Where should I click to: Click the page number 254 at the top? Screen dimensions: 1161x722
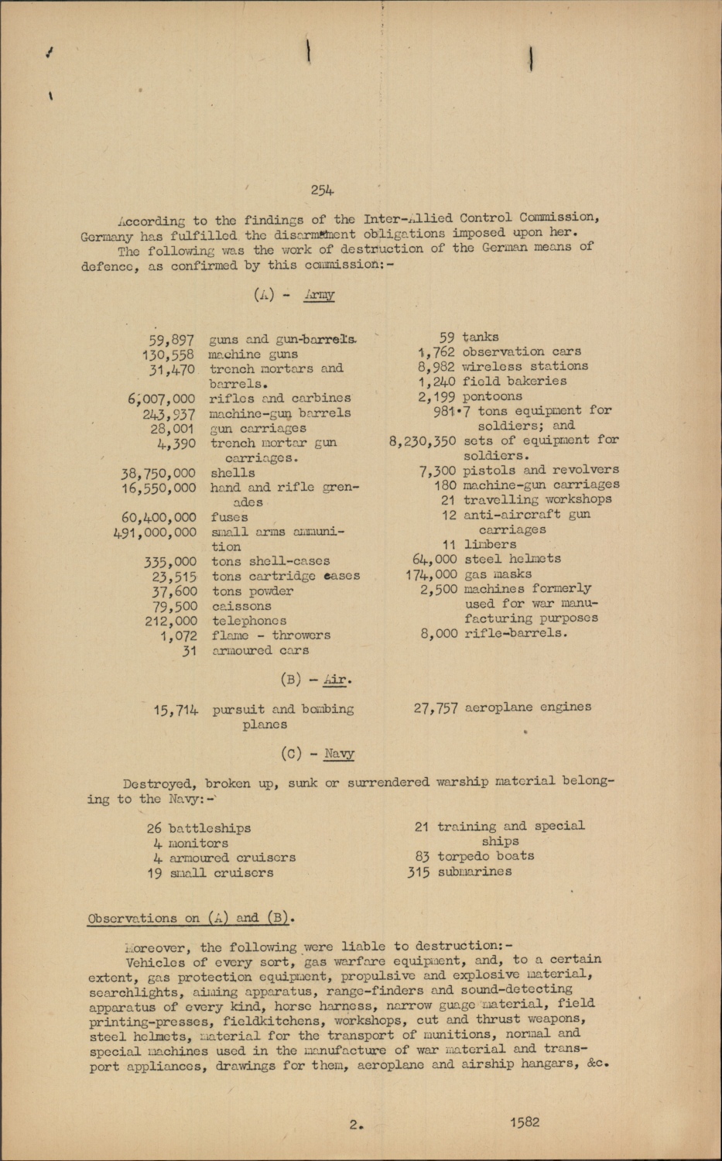(322, 190)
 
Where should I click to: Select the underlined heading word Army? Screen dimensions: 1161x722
(319, 295)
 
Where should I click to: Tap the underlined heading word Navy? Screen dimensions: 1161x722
(339, 753)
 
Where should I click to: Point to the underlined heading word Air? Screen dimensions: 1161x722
(335, 680)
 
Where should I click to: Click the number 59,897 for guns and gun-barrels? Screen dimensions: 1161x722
(171, 340)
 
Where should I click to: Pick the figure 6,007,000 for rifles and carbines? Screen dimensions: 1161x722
(162, 399)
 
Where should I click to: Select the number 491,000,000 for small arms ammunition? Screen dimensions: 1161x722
(155, 533)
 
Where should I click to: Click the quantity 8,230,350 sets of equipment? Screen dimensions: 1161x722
(422, 440)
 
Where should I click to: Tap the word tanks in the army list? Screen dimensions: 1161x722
(480, 337)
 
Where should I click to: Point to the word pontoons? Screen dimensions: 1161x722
(492, 396)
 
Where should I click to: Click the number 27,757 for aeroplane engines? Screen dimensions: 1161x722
(436, 707)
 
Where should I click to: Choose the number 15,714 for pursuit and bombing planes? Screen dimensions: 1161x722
(176, 710)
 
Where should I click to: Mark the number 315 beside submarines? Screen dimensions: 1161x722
(419, 872)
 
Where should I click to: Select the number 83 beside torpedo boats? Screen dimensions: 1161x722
(422, 857)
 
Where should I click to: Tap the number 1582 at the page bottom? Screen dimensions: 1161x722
(524, 1122)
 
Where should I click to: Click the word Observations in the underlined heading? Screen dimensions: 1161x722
(132, 919)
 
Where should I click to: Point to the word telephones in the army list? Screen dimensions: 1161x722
(248, 621)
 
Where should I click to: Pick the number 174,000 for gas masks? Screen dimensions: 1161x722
(431, 574)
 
